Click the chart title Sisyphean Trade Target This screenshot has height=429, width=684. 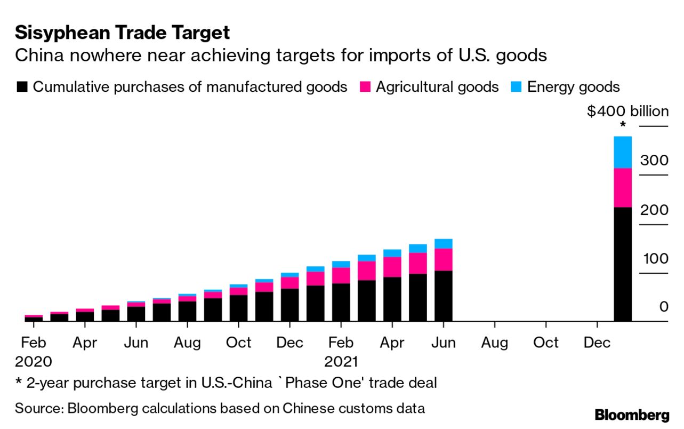[x=122, y=33]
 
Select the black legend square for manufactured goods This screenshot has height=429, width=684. [x=21, y=87]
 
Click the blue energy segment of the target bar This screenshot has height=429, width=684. [x=623, y=152]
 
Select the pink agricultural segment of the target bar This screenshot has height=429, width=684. [x=623, y=187]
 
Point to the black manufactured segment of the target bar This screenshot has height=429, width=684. [x=623, y=264]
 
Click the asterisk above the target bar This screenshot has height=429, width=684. [x=623, y=126]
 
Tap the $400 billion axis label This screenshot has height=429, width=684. [x=627, y=112]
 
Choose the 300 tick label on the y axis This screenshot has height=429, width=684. [x=654, y=161]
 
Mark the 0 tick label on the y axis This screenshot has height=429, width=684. [x=663, y=307]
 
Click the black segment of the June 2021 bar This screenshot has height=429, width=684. [x=444, y=296]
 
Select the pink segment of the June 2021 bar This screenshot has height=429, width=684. [x=444, y=259]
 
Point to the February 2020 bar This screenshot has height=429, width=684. [x=34, y=318]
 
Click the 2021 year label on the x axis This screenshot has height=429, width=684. [x=341, y=361]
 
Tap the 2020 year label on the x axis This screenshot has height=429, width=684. [x=34, y=361]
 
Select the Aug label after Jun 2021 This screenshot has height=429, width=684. [x=495, y=343]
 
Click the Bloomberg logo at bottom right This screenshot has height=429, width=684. [x=632, y=415]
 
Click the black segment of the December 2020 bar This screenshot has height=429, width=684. [x=290, y=305]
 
